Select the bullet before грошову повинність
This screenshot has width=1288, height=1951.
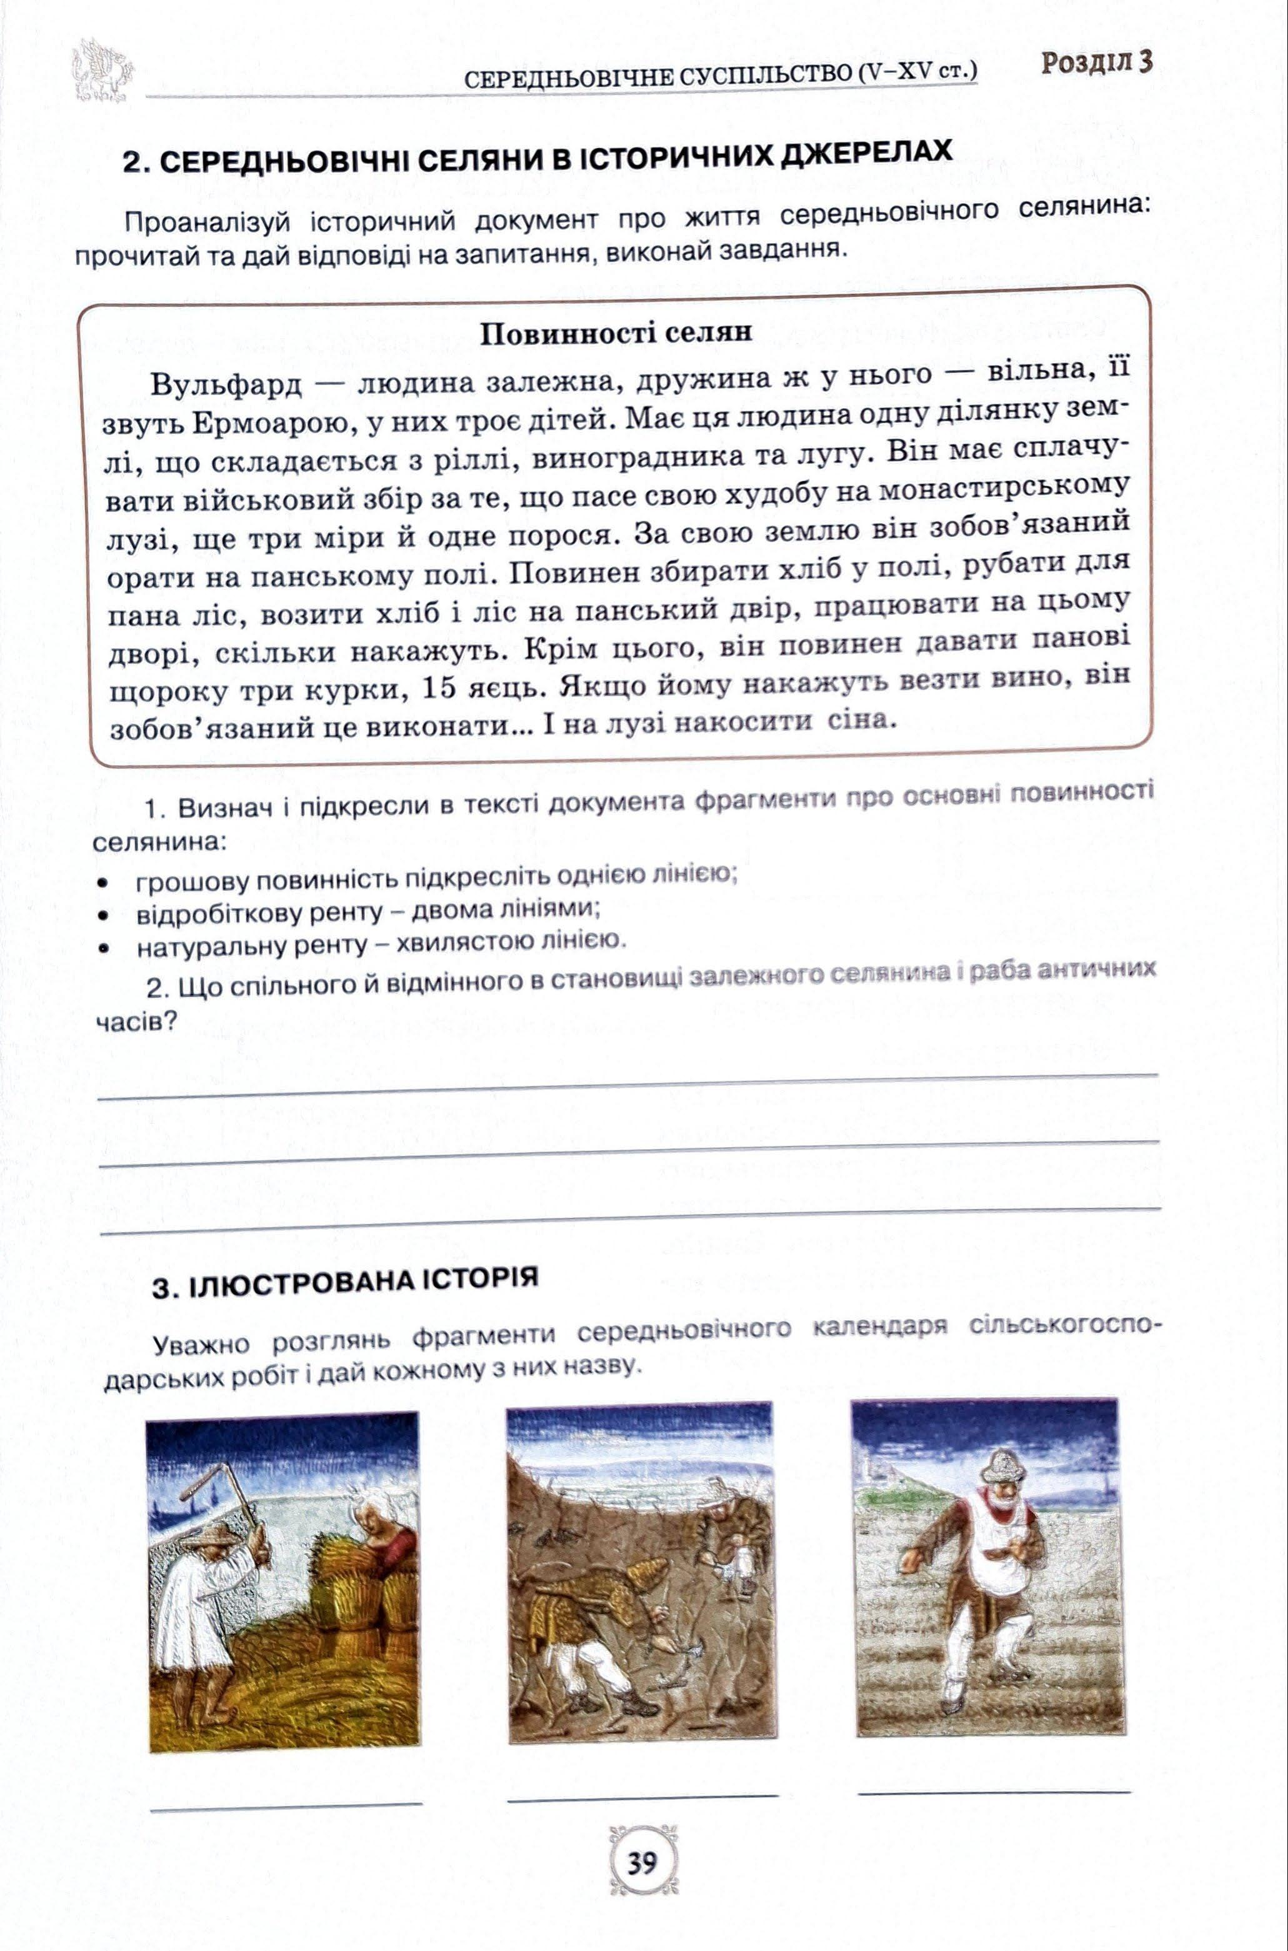tap(102, 884)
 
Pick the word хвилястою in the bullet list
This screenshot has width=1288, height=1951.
tap(447, 942)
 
